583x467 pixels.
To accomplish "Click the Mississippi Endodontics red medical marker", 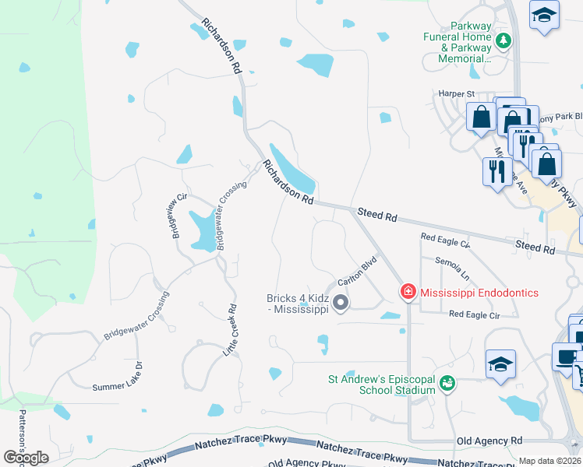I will pos(408,293).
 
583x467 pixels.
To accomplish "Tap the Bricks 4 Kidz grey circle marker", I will pos(340,302).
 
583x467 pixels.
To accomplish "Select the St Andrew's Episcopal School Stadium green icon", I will pos(447,382).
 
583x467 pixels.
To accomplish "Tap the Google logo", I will pos(26,458).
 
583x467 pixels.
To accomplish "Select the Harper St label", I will pos(459,94).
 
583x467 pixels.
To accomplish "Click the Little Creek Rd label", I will pos(231,330).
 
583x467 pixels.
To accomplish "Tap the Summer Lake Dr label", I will pos(118,376).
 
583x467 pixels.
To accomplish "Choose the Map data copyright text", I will pos(549,461).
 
